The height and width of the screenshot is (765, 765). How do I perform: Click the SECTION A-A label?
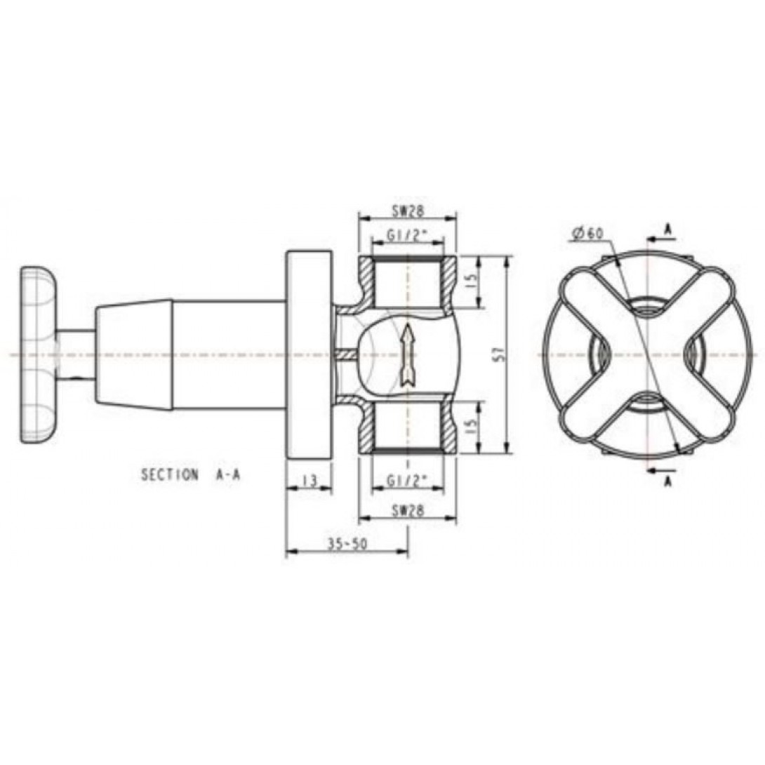(x=191, y=475)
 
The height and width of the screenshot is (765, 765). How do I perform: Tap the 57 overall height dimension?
(x=497, y=355)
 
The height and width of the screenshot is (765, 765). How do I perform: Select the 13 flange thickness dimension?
(x=308, y=481)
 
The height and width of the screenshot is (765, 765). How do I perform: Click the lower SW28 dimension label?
(x=407, y=512)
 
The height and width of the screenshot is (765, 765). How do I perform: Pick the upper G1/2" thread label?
(x=407, y=236)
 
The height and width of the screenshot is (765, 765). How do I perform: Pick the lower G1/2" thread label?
(x=407, y=481)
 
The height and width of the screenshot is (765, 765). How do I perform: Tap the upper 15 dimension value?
(x=472, y=282)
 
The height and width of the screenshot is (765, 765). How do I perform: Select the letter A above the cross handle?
(x=667, y=229)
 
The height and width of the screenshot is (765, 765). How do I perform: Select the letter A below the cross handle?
(x=667, y=481)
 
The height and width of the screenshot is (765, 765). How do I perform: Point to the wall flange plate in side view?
(x=308, y=355)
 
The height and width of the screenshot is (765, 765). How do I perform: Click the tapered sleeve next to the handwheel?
(x=134, y=355)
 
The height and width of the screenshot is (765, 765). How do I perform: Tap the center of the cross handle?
(x=646, y=355)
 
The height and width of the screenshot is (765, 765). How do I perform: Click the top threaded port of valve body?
(x=406, y=282)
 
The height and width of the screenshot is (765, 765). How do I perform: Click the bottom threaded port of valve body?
(x=406, y=426)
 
